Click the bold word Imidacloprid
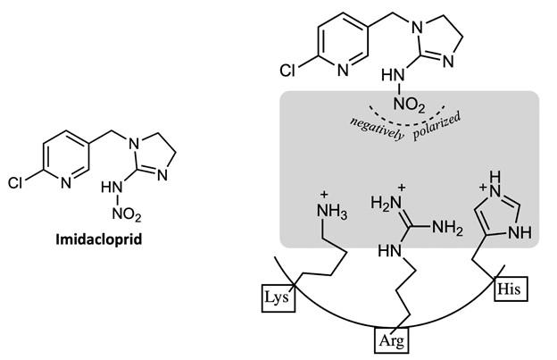(x=99, y=239)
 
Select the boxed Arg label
(x=392, y=340)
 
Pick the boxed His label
(x=511, y=289)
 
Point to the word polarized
(x=436, y=126)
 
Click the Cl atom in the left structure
(x=15, y=183)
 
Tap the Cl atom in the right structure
(x=287, y=71)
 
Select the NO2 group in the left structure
(x=127, y=213)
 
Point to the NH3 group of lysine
(x=331, y=213)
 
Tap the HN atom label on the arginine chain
(x=389, y=250)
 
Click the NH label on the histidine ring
(x=520, y=233)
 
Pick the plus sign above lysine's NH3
(x=324, y=195)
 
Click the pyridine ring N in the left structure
(x=66, y=182)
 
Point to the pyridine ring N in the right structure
(x=343, y=71)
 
